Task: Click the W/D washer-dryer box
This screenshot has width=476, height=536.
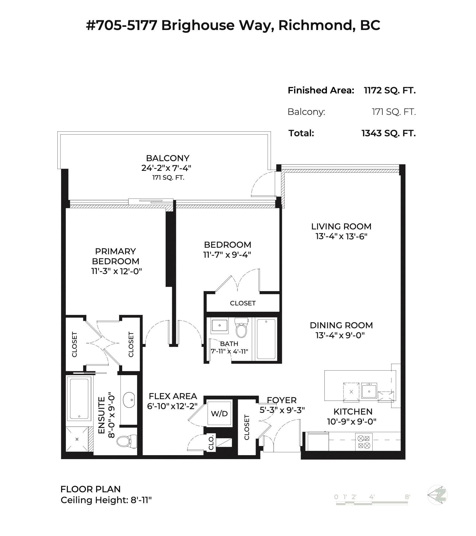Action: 219,413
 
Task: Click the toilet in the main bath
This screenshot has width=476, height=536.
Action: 241,329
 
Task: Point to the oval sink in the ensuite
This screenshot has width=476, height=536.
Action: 129,399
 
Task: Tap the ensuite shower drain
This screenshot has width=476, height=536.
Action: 77,439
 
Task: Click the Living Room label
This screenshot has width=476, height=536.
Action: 341,227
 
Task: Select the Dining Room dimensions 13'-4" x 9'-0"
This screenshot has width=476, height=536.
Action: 340,335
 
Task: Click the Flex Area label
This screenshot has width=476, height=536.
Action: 173,396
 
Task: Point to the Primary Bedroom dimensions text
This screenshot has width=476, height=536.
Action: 117,271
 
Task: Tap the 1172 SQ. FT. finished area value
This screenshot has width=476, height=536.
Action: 389,91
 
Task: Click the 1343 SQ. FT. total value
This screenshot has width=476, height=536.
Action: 388,133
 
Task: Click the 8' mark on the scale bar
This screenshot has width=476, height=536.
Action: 407,497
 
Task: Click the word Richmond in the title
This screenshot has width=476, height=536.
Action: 315,25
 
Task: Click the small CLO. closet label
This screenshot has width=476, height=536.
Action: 211,443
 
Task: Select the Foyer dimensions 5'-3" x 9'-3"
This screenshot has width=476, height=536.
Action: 282,410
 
